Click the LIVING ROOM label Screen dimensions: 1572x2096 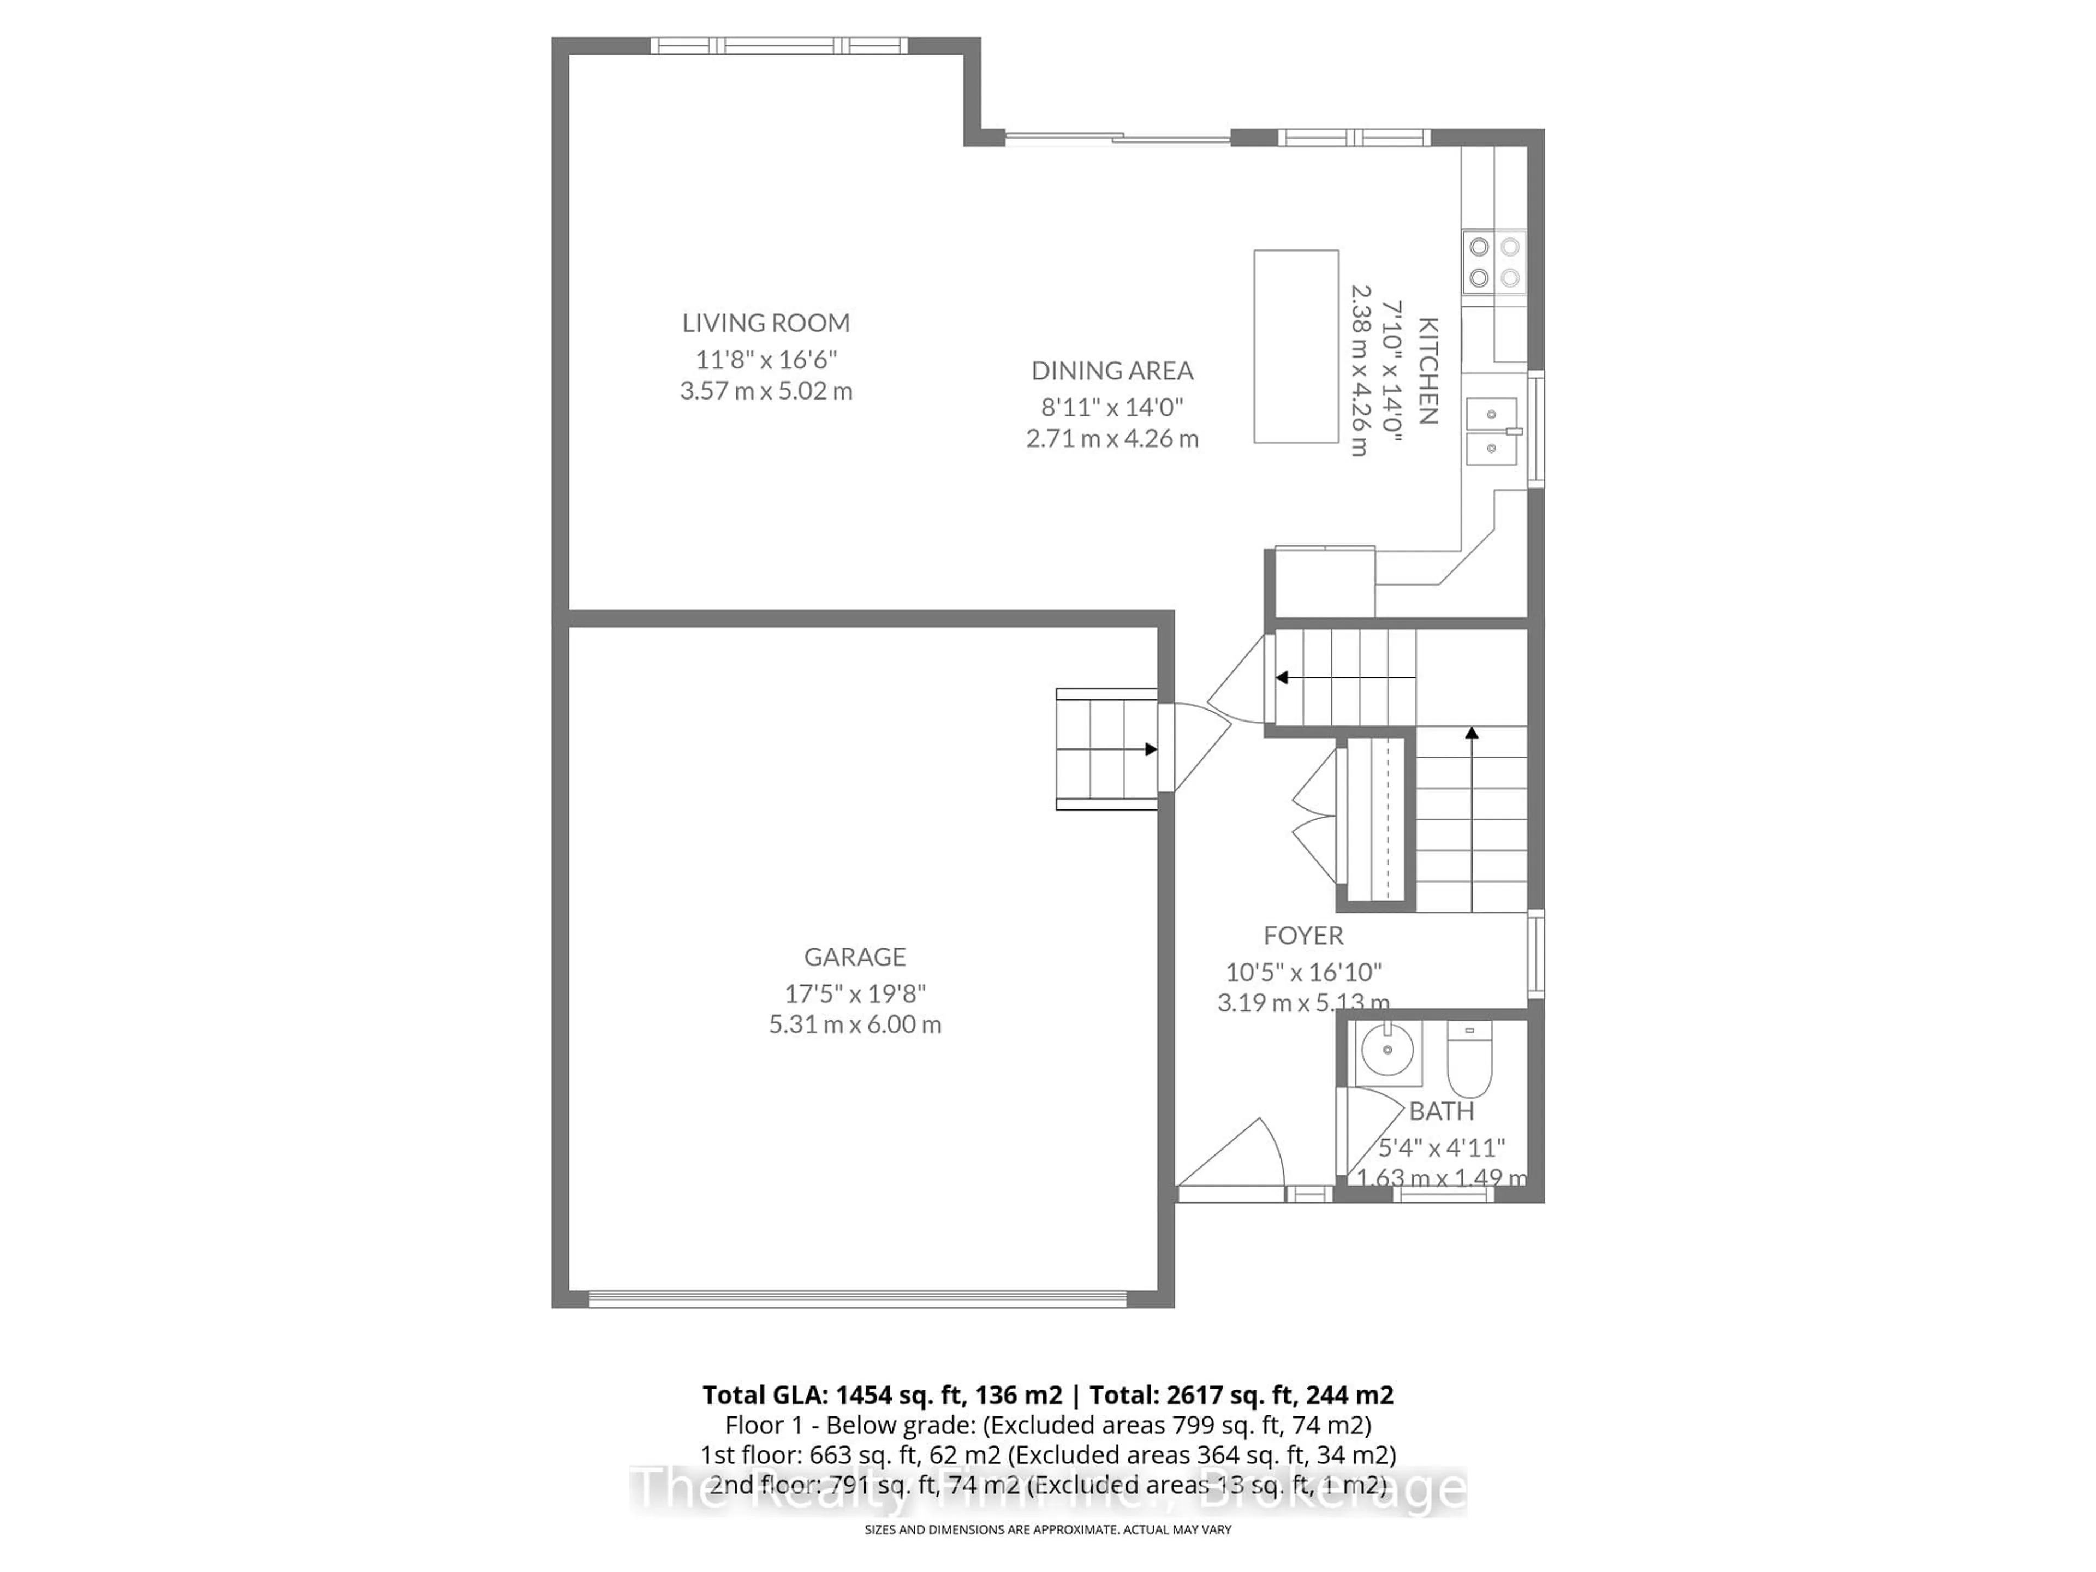click(766, 323)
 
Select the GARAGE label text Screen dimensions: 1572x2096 click(855, 957)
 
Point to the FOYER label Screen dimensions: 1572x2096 click(1303, 936)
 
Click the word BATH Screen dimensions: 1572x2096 click(1441, 1111)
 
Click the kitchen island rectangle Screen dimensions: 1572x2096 click(1295, 346)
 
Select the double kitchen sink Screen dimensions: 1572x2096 click(1491, 431)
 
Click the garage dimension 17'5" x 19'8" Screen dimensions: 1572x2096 click(855, 993)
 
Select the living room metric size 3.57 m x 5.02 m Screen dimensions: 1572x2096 click(766, 390)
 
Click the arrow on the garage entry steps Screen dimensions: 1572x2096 click(1150, 749)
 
